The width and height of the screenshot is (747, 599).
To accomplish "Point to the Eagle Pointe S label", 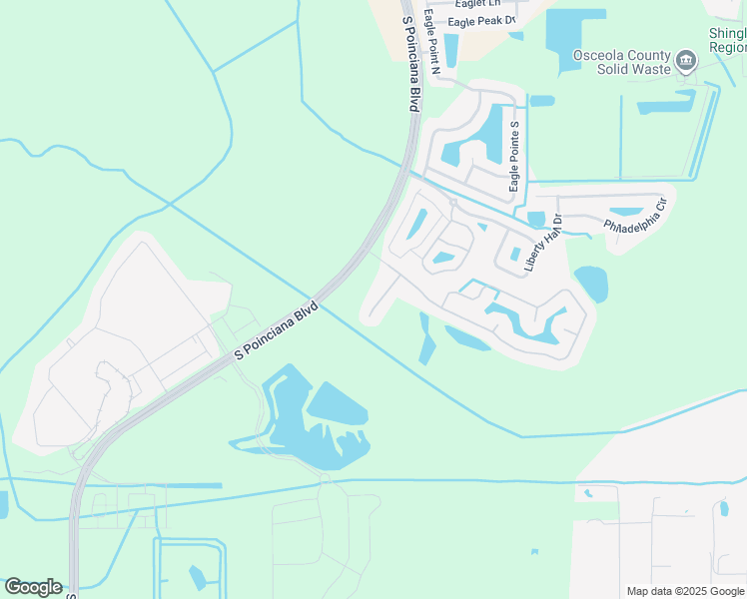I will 514,157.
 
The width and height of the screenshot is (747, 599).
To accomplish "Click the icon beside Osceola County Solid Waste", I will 686,62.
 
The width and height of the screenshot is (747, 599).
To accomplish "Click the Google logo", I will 33,587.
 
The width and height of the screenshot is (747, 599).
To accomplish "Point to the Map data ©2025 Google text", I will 685,591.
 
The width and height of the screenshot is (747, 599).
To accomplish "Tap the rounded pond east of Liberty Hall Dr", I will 590,284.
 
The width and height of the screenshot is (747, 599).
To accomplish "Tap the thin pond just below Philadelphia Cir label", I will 626,212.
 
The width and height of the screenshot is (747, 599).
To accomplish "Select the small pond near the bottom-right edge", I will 724,509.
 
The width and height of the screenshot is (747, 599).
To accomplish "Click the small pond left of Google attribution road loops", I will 197,576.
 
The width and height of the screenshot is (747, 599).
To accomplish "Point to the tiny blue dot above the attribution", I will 535,551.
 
